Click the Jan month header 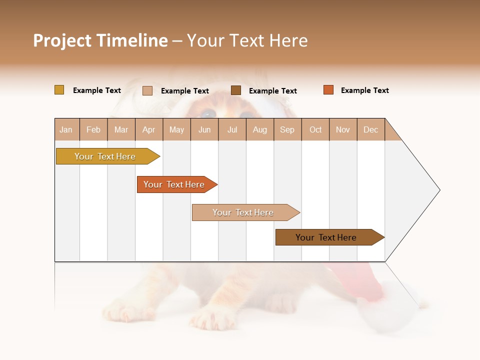tap(66, 129)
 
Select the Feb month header tap(93, 129)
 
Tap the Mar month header tap(121, 129)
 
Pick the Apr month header tap(149, 129)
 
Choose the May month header tap(176, 129)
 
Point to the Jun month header tap(204, 129)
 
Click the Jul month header tap(232, 129)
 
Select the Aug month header tap(260, 129)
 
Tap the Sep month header tap(287, 129)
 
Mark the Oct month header tap(315, 129)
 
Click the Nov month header tap(343, 129)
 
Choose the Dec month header tap(370, 129)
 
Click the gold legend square tap(59, 90)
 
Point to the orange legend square tap(328, 90)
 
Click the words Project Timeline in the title tap(100, 40)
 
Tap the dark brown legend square tap(236, 90)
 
